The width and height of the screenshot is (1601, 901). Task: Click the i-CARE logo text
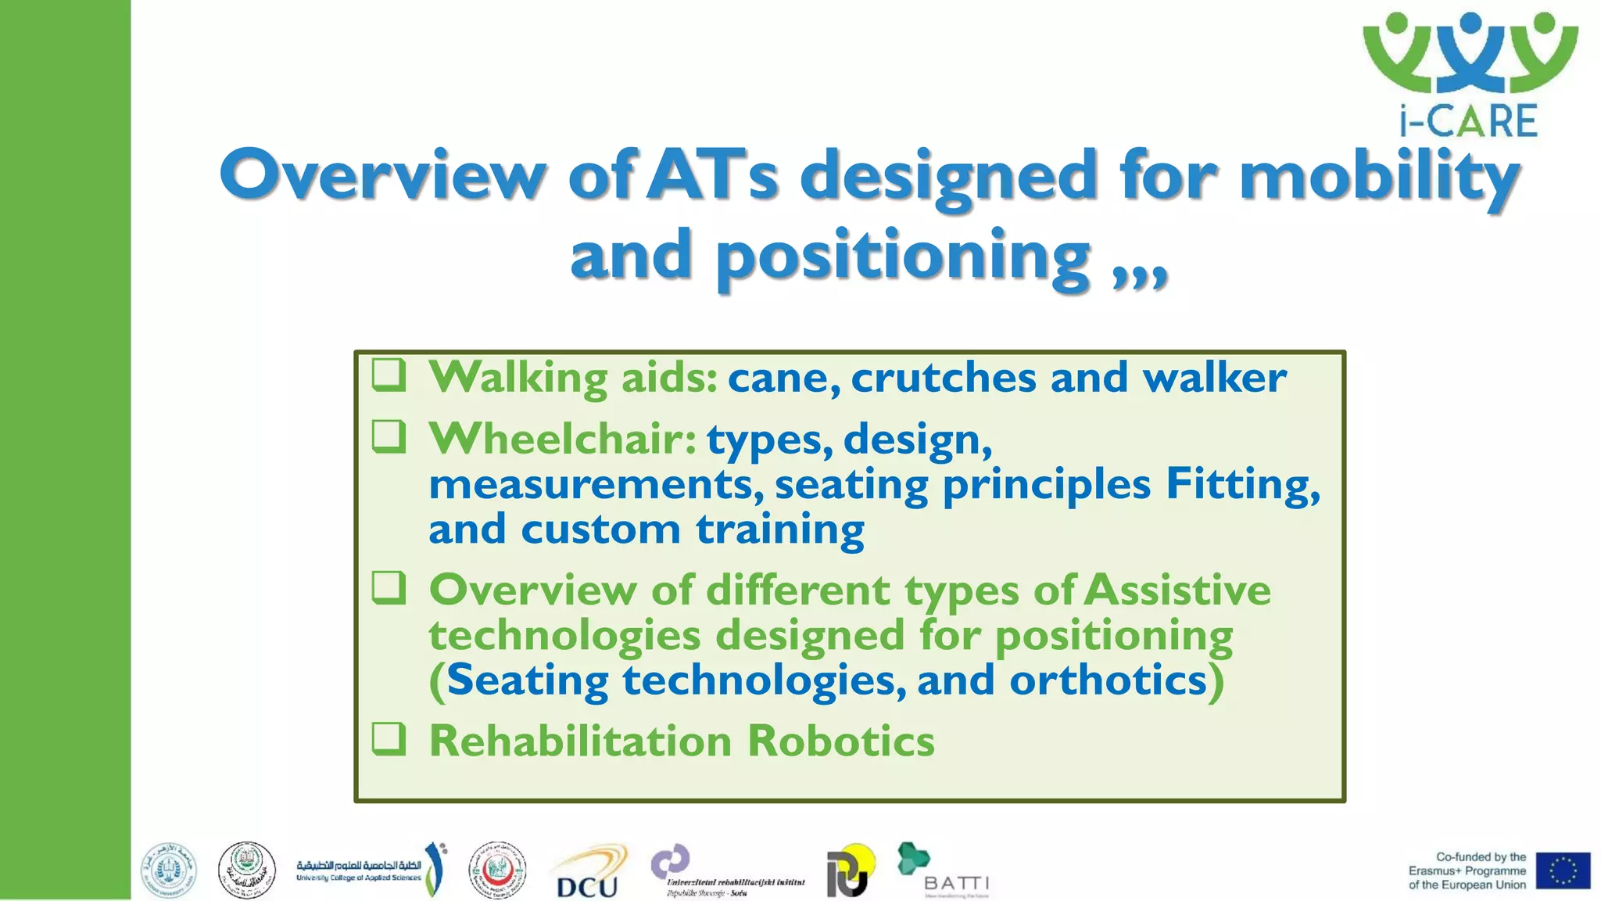(x=1468, y=121)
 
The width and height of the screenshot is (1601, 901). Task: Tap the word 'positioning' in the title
(x=903, y=257)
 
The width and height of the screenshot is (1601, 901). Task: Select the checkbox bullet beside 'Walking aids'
(x=389, y=375)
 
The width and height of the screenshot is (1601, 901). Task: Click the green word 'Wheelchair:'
(x=562, y=439)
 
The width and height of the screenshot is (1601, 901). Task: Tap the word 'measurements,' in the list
(x=596, y=484)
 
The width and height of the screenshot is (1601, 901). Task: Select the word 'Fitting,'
(x=1242, y=484)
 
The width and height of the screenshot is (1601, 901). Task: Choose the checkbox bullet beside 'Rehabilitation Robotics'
(x=389, y=738)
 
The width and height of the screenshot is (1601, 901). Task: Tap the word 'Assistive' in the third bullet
(x=1178, y=590)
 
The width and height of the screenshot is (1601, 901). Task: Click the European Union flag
(x=1562, y=870)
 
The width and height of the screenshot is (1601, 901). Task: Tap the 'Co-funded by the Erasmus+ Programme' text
(x=1467, y=870)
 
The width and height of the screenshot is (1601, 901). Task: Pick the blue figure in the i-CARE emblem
(x=1470, y=51)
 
